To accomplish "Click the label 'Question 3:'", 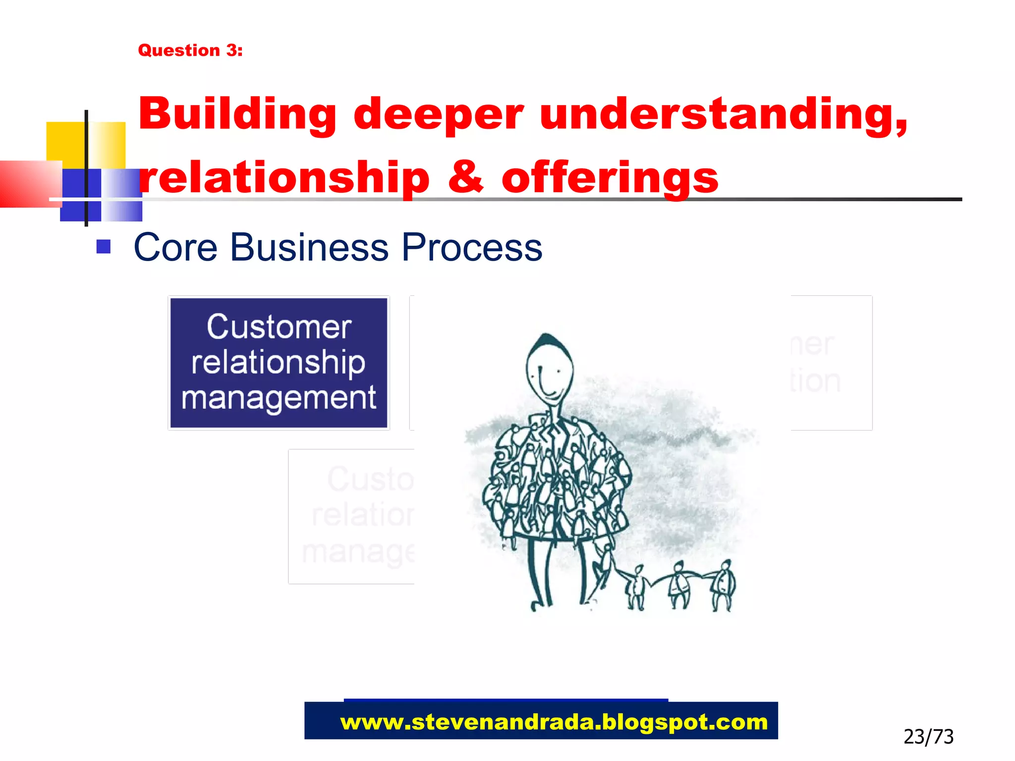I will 190,50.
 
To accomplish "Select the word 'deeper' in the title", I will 438,115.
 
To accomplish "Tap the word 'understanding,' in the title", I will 724,115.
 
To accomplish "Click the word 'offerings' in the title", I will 610,178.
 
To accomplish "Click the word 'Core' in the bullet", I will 175,247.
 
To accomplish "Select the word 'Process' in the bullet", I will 472,247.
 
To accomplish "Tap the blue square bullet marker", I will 103,246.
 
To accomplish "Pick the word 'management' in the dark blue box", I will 279,397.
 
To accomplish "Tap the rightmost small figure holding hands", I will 723,585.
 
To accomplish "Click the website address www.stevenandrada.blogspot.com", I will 554,722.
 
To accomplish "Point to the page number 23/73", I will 928,737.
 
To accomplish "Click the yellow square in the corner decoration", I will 66,141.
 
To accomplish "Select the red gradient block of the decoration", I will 27,183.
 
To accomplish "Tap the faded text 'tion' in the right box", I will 815,381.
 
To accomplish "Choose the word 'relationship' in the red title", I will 284,178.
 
